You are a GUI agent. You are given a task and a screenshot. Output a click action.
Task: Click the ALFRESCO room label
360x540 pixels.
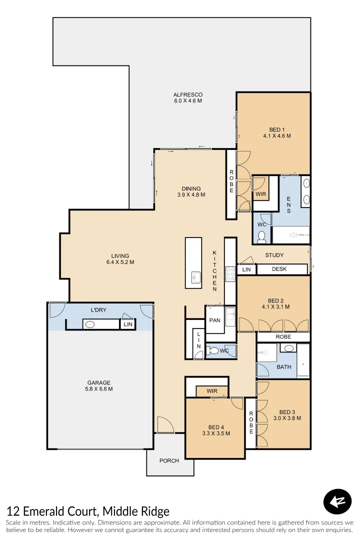(188, 94)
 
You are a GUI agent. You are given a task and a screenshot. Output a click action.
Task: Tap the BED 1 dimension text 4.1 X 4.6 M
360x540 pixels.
(276, 135)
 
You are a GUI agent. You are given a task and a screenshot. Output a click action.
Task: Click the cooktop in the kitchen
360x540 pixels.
(230, 274)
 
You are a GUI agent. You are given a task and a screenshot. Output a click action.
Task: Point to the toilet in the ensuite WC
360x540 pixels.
(261, 236)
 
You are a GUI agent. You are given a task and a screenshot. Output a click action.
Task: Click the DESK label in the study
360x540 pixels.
(279, 269)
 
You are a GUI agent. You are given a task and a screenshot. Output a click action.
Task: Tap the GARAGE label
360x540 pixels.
(98, 383)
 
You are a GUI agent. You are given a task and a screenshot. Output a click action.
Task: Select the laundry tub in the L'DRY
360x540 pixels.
(90, 324)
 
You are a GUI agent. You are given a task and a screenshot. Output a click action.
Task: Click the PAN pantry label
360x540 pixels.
(215, 320)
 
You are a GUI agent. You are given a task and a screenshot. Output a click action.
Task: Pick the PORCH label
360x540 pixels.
(169, 460)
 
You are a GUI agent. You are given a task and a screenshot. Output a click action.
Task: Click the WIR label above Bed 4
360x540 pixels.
(212, 391)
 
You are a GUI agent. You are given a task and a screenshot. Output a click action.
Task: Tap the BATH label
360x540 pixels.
(283, 367)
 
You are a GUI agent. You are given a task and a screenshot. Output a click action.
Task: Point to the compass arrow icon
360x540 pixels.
(337, 501)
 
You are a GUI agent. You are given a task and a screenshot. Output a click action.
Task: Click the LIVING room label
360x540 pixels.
(120, 256)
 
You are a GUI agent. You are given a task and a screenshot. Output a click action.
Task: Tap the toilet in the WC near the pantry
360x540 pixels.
(214, 350)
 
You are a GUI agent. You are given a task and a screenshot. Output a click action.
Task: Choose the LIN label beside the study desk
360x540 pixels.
(246, 269)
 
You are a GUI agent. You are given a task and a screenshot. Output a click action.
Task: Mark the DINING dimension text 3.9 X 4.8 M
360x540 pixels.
(191, 194)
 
